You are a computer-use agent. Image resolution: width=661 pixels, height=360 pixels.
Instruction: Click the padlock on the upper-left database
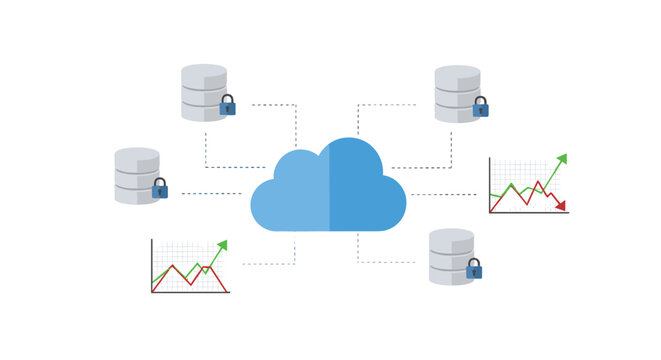[228, 105]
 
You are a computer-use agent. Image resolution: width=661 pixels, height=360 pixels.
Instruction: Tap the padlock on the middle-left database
[160, 188]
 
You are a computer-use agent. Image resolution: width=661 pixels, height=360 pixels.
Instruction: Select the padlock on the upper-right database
[481, 107]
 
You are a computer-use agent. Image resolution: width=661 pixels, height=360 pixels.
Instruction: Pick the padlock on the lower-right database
[474, 269]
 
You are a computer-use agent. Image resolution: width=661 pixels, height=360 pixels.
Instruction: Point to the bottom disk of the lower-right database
[450, 274]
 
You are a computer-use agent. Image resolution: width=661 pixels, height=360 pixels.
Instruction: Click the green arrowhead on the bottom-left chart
[222, 245]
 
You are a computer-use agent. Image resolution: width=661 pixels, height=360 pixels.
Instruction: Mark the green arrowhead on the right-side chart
[562, 158]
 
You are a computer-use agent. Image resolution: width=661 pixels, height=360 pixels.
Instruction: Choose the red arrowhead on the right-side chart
[561, 206]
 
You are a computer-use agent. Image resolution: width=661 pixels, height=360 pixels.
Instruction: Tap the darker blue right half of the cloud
[365, 190]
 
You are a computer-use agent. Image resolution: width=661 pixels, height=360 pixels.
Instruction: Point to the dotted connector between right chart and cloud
[445, 195]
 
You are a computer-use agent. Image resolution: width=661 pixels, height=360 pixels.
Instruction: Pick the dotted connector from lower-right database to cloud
[385, 262]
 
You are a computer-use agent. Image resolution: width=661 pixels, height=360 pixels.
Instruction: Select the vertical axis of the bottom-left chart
[152, 265]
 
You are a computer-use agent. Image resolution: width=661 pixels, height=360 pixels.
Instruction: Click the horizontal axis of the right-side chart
[528, 213]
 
